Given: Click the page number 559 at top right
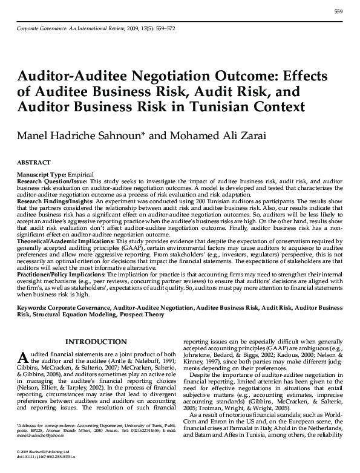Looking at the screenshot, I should click(338, 13).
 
